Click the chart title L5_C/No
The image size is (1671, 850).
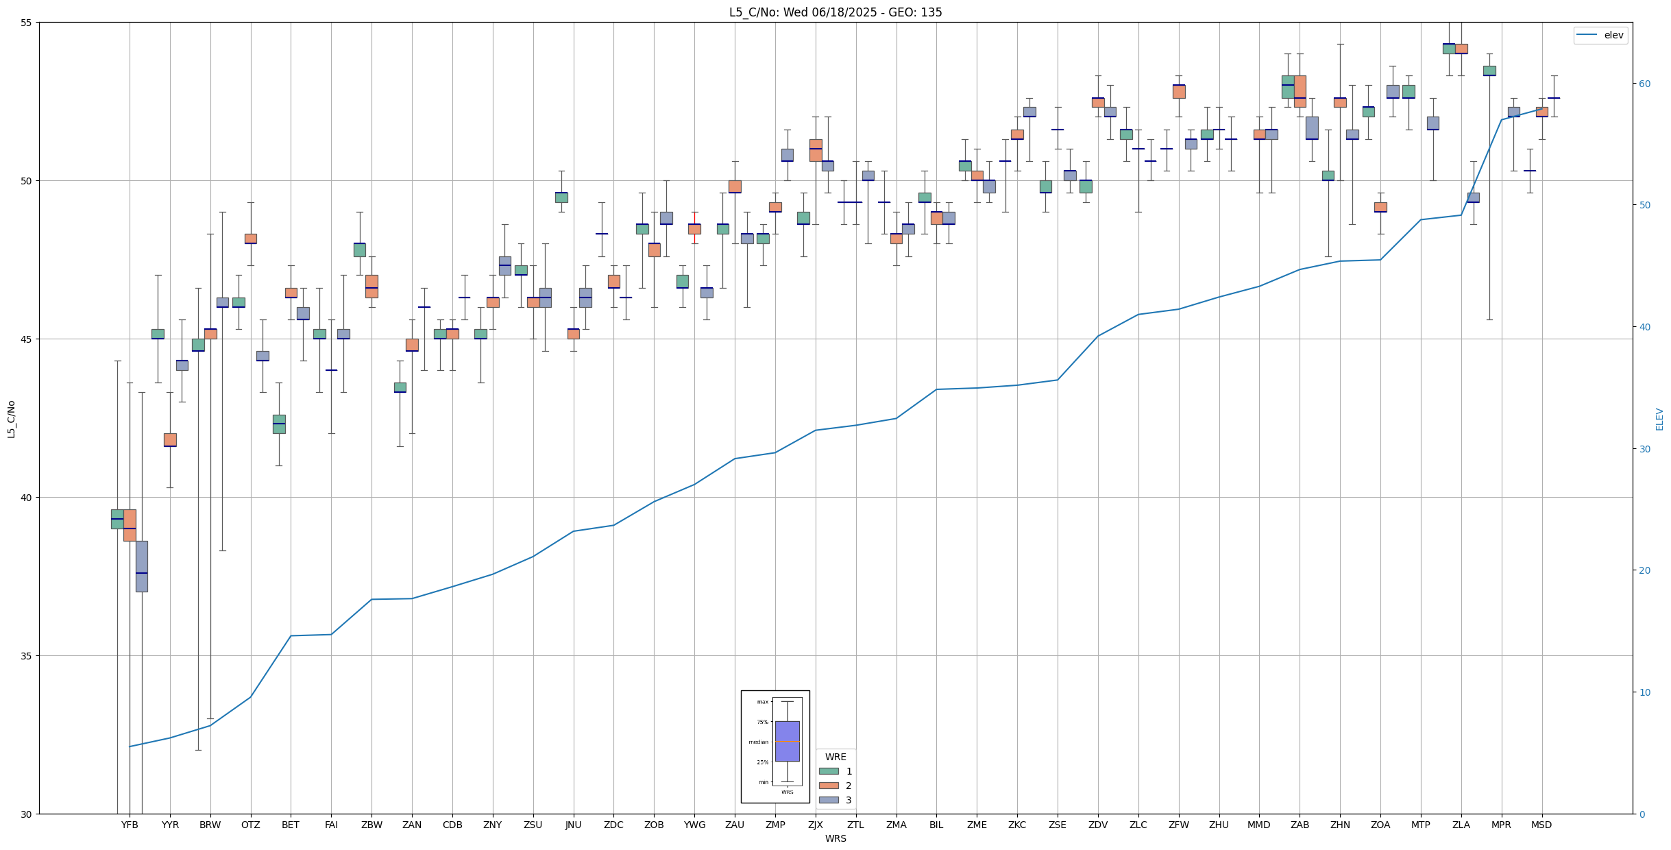[x=835, y=12]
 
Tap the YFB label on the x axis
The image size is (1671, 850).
[x=130, y=825]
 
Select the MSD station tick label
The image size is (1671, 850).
[x=1541, y=825]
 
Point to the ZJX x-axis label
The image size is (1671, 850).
[x=815, y=825]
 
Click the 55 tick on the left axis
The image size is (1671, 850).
[x=27, y=23]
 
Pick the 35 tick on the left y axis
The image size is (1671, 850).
[x=27, y=656]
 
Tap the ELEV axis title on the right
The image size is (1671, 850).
[x=1659, y=419]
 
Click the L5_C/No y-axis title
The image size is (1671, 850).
[x=11, y=419]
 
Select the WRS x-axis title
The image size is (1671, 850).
[x=835, y=838]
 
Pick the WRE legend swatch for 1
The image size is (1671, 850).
[x=829, y=771]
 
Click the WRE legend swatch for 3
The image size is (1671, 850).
[x=829, y=800]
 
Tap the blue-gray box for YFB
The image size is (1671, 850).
[x=142, y=566]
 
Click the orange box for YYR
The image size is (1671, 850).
[x=170, y=439]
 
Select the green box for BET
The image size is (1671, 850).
[x=279, y=424]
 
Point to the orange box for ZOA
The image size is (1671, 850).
[x=1380, y=207]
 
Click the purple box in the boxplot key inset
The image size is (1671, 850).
[x=787, y=741]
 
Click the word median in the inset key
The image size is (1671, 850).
[x=758, y=742]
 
